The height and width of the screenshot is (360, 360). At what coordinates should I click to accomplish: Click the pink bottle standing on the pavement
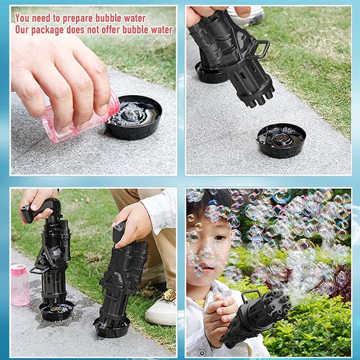click(x=20, y=285)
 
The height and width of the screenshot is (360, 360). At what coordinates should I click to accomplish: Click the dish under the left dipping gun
click(x=56, y=310)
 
